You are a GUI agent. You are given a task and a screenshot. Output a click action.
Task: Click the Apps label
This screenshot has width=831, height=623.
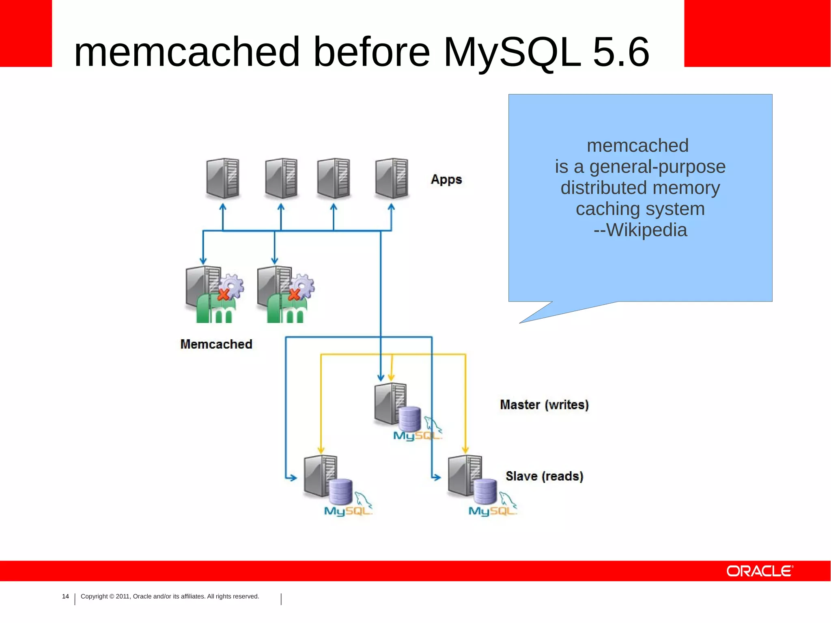pyautogui.click(x=446, y=179)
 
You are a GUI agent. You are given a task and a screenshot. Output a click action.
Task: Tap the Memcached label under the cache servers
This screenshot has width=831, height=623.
pyautogui.click(x=216, y=344)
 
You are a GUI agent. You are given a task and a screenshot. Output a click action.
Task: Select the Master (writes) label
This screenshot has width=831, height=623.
pyautogui.click(x=544, y=405)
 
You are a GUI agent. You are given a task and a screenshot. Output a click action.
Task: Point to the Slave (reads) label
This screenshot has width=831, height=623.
pyautogui.click(x=544, y=476)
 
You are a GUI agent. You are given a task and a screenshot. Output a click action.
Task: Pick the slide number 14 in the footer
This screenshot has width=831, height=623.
pyautogui.click(x=65, y=596)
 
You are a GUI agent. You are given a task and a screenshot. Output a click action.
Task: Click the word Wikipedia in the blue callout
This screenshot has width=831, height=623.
pyautogui.click(x=646, y=230)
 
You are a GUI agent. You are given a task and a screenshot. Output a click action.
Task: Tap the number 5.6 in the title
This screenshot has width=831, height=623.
pyautogui.click(x=621, y=52)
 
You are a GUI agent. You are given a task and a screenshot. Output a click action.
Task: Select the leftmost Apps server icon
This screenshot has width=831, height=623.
pyautogui.click(x=222, y=178)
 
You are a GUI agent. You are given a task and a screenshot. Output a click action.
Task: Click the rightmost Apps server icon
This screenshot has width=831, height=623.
pyautogui.click(x=392, y=178)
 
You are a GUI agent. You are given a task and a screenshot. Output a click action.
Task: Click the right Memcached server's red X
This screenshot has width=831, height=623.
pyautogui.click(x=294, y=294)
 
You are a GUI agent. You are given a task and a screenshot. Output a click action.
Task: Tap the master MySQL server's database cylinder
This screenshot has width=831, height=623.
pyautogui.click(x=410, y=418)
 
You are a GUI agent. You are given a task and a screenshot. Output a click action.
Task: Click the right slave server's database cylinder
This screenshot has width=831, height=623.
pyautogui.click(x=485, y=491)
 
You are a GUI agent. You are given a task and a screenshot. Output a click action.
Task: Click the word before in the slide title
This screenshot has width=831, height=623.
pyautogui.click(x=371, y=52)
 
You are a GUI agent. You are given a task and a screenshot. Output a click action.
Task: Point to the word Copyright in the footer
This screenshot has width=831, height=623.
pyautogui.click(x=94, y=596)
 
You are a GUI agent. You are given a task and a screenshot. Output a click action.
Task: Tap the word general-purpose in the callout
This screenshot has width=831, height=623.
pyautogui.click(x=657, y=167)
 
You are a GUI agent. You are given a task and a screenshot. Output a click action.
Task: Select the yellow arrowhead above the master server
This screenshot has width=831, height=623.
pyautogui.click(x=391, y=377)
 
